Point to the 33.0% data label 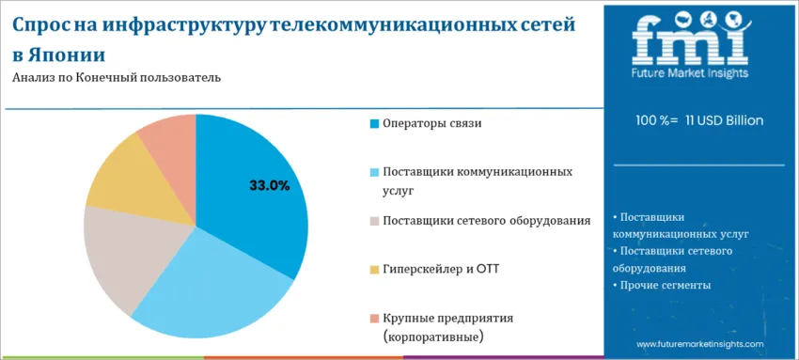pyautogui.click(x=269, y=185)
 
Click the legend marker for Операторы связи pyautogui.click(x=374, y=124)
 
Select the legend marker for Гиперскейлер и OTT pyautogui.click(x=374, y=270)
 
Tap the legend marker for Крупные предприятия pyautogui.click(x=374, y=319)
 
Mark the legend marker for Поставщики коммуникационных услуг pyautogui.click(x=374, y=173)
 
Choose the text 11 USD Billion pyautogui.click(x=724, y=121)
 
